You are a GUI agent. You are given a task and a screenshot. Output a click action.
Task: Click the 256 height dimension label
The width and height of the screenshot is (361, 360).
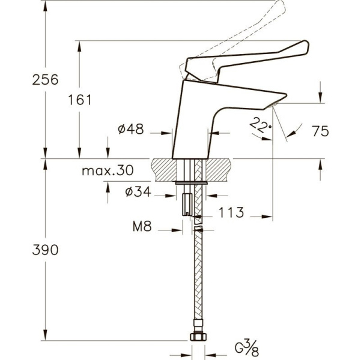(45, 80)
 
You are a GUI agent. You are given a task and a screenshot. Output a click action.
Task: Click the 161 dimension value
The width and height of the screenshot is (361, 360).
(80, 100)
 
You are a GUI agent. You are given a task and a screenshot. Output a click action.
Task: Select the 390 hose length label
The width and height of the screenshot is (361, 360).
(45, 250)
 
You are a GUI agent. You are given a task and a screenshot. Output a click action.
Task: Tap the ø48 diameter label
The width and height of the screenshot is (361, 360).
(130, 129)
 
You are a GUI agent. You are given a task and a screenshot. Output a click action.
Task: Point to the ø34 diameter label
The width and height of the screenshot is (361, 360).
(138, 191)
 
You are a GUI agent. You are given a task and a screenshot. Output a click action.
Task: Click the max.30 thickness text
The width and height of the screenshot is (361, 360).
(108, 170)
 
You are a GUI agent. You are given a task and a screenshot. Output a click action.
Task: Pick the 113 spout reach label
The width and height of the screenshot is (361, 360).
(231, 212)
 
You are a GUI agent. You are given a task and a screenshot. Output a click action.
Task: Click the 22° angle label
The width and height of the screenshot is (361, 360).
(260, 125)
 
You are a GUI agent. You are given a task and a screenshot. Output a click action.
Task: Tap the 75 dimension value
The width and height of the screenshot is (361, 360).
(320, 131)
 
